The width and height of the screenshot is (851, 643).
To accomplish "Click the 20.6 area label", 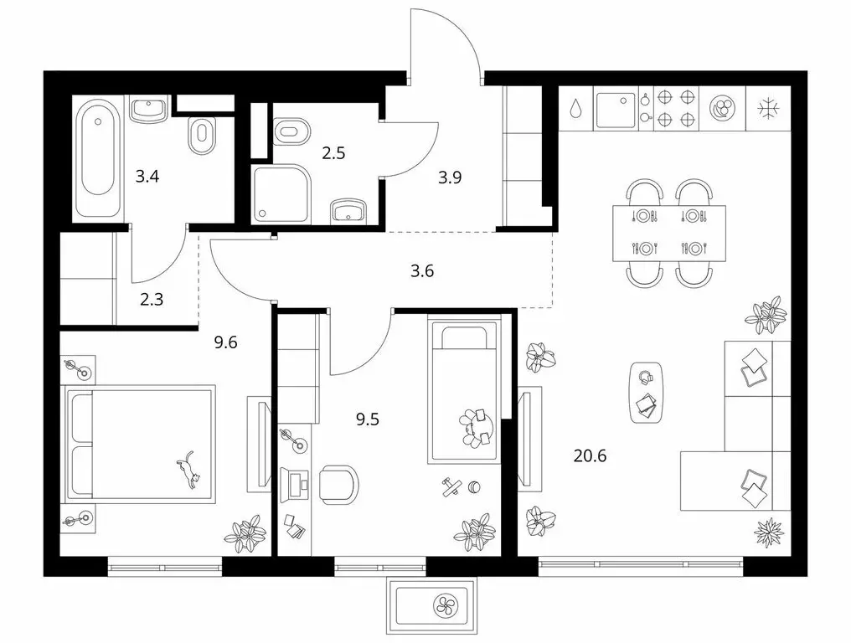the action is tap(590, 456).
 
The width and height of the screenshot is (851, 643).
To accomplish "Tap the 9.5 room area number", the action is tap(368, 419).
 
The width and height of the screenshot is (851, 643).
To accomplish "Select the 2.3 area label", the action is tap(152, 299).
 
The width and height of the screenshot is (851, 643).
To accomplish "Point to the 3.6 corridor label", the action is tap(421, 270).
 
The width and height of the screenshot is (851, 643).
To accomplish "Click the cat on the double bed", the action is tap(188, 470).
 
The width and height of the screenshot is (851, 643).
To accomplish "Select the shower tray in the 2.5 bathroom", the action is tap(281, 193).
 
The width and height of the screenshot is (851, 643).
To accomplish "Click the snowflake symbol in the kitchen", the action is tap(767, 109).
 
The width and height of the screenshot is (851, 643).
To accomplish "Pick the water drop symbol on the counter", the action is tap(575, 109).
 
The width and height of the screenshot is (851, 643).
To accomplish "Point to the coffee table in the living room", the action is tap(647, 393).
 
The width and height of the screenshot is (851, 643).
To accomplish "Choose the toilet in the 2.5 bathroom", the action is tap(291, 131).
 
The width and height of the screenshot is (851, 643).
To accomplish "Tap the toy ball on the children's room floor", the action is tap(474, 487).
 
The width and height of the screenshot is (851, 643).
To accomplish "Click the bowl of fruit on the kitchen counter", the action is tap(723, 108).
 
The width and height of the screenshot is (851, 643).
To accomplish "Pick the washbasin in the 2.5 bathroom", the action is tap(348, 210).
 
